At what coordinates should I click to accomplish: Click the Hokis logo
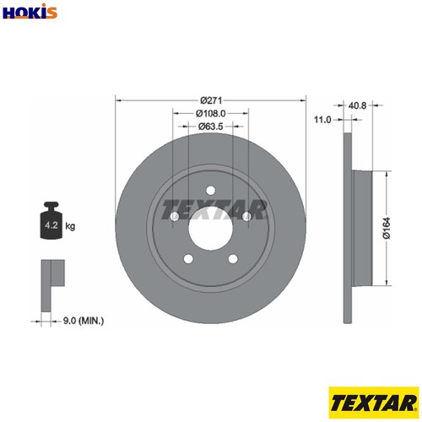30,11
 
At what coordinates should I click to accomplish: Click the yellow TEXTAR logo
374,403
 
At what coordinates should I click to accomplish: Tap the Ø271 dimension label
211,100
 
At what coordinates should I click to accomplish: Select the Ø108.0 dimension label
211,113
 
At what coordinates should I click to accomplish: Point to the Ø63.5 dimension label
210,127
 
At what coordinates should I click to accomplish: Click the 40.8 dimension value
357,105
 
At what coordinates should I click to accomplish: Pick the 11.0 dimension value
322,120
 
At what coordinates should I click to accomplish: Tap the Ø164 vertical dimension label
387,228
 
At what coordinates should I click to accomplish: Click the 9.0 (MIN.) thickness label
84,321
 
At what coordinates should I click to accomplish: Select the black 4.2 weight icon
51,220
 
